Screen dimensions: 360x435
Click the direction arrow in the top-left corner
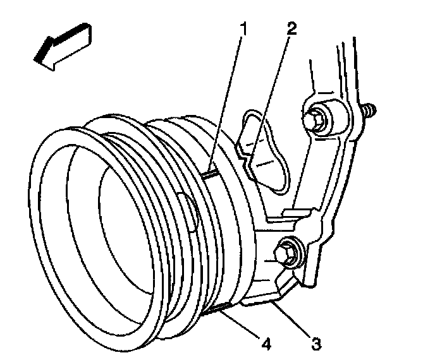(x=61, y=45)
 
